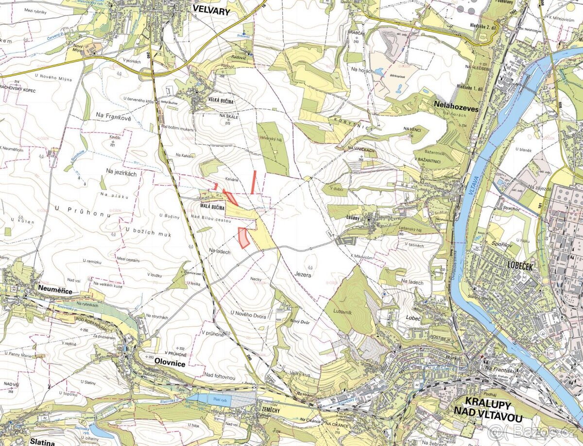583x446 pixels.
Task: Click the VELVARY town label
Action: tap(211, 10)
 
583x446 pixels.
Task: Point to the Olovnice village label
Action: tap(170, 363)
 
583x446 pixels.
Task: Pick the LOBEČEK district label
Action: tap(520, 266)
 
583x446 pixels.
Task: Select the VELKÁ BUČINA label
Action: tap(221, 101)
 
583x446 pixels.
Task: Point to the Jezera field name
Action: tap(302, 274)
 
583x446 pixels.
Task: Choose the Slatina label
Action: tap(42, 442)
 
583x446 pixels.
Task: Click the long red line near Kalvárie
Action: tap(254, 182)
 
